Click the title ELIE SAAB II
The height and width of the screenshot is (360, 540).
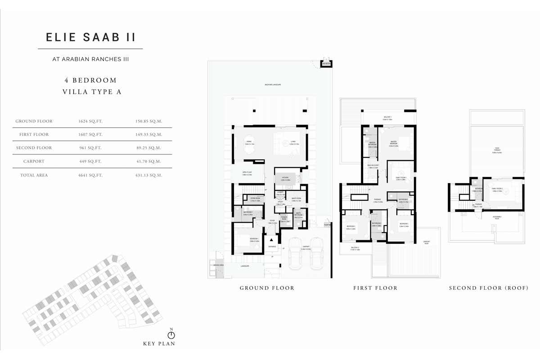point(90,37)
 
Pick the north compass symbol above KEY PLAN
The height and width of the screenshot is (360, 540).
point(171,335)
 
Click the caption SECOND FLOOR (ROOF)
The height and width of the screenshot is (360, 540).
point(488,288)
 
